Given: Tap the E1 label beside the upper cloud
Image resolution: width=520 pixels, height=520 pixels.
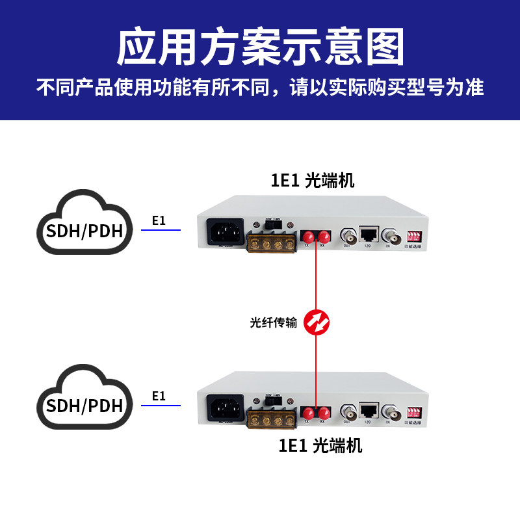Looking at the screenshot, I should pos(159,220).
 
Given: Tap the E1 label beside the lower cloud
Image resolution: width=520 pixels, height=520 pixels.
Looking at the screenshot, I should pos(159,395).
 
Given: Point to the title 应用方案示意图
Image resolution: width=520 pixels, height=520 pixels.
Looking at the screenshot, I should pos(260,46).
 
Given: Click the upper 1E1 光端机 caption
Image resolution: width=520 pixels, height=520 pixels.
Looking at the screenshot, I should pos(313,180).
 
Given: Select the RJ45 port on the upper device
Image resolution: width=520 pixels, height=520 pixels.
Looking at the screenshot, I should pos(369,234).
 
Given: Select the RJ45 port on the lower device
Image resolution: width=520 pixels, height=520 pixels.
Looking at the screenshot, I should pos(369,409).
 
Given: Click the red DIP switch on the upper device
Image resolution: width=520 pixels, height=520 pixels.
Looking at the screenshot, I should pos(414,235).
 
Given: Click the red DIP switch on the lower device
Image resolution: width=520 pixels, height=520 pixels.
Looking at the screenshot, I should pos(414,410).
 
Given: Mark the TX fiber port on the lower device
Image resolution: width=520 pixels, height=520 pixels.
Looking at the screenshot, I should pos(307,411).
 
